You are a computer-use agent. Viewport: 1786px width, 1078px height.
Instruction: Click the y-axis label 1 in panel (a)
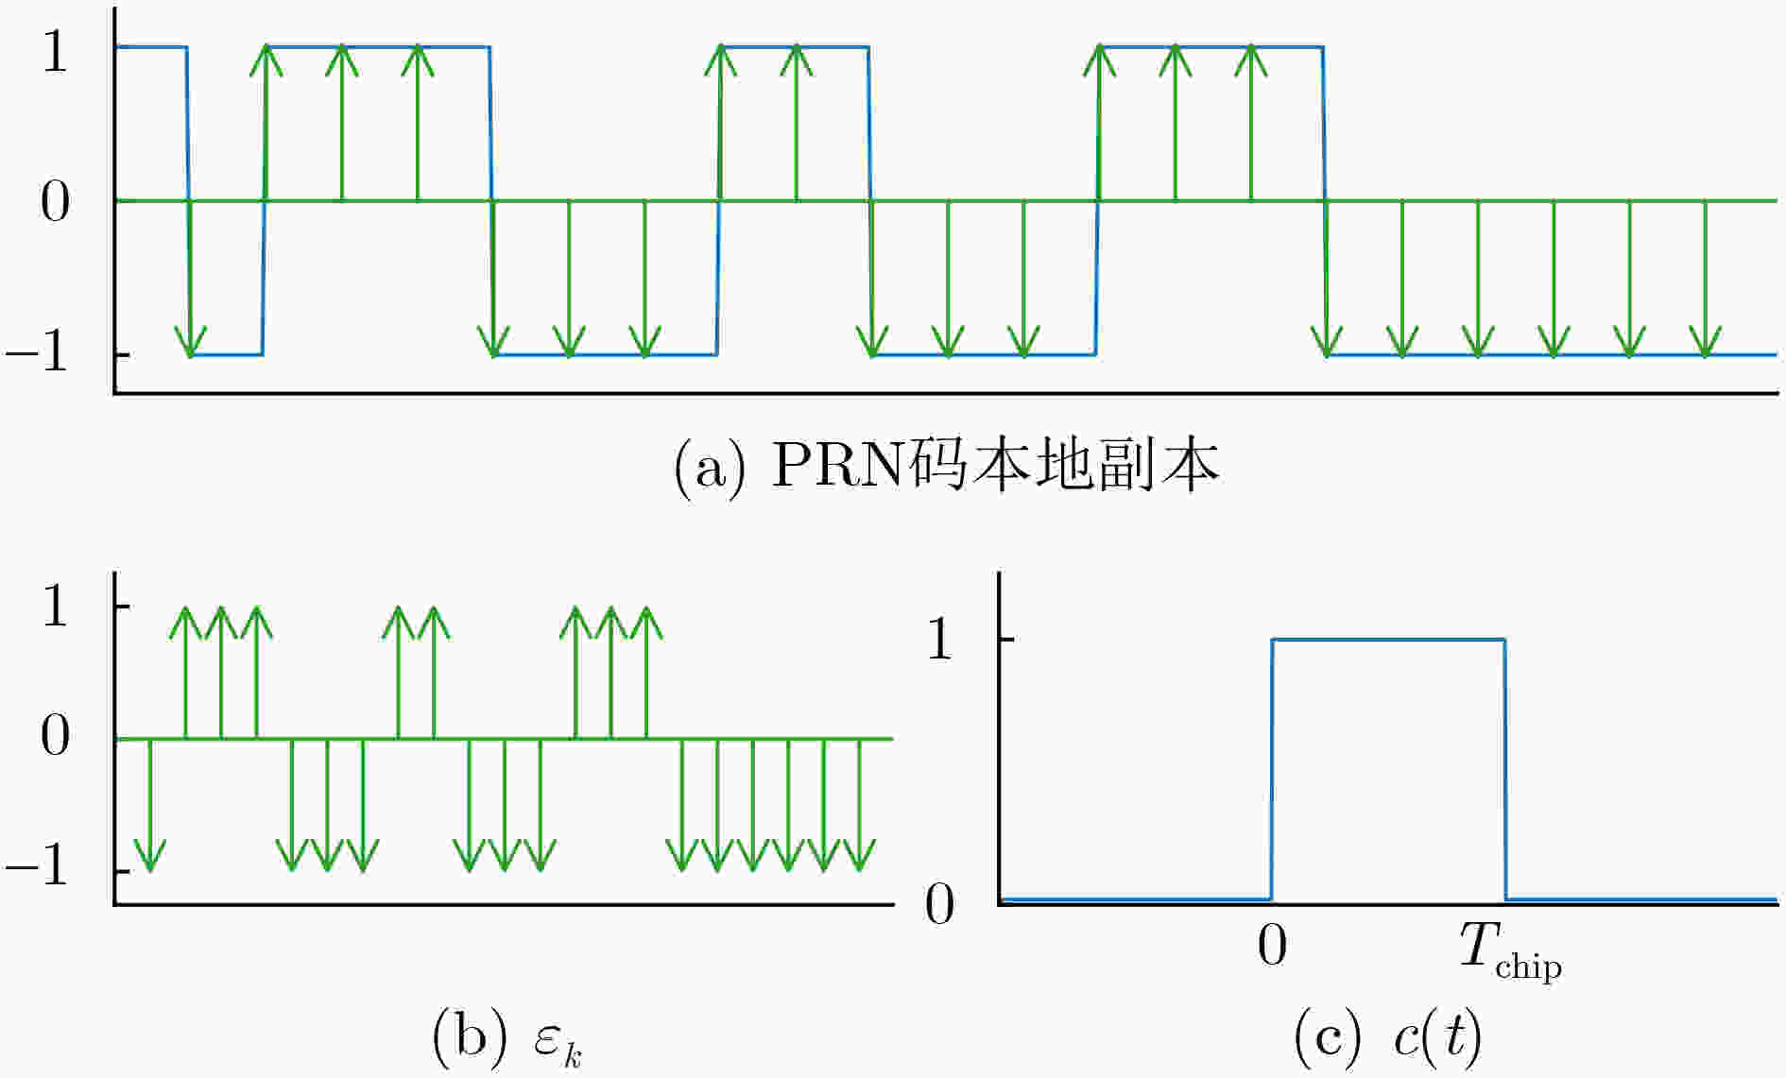coord(55,53)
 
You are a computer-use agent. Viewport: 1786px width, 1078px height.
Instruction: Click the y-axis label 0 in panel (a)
coord(55,202)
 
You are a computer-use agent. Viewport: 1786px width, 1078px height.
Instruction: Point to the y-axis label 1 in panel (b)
coord(55,607)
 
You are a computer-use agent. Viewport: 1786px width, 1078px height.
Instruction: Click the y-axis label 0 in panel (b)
coord(55,736)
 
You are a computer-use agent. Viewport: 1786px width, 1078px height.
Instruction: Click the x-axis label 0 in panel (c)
coord(1272,945)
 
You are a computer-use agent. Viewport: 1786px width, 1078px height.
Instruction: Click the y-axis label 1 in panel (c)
coord(939,641)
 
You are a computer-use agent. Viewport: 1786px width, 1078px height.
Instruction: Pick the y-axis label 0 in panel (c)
coord(939,904)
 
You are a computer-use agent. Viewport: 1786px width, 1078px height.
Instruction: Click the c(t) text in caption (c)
coord(1436,1037)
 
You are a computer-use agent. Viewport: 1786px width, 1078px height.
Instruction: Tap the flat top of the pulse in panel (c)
coord(1387,640)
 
